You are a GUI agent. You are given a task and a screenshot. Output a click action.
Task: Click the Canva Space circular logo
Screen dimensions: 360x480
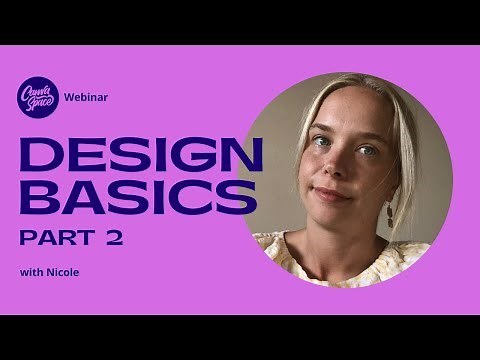38,98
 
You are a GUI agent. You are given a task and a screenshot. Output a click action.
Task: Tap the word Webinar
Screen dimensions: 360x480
86,98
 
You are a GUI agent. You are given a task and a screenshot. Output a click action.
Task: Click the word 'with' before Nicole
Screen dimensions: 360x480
30,272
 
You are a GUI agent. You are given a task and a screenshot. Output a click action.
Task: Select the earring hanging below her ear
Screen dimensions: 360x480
391,213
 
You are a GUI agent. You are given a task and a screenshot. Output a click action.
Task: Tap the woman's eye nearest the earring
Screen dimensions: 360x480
367,150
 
